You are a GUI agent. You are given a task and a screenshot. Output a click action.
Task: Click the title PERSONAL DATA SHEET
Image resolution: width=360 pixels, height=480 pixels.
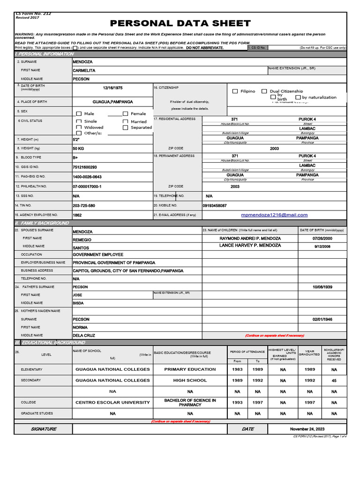click(180, 23)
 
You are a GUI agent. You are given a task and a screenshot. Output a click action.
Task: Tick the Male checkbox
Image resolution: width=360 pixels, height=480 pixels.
click(79, 113)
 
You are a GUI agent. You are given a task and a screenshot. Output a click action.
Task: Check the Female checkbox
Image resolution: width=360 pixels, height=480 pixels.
click(125, 113)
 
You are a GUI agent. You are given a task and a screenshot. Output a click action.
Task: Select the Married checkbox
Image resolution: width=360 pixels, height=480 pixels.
click(125, 121)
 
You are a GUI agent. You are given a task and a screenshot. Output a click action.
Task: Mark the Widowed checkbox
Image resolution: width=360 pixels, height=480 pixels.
click(79, 127)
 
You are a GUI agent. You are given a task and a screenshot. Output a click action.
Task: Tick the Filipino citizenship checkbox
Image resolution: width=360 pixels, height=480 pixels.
click(235, 91)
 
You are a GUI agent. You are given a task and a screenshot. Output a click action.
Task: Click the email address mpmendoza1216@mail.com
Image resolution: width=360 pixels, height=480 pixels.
click(274, 215)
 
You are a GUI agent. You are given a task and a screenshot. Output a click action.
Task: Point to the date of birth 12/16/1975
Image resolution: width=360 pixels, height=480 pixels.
click(112, 88)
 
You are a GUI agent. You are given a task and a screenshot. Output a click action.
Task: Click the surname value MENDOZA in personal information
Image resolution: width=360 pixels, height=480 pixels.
click(82, 61)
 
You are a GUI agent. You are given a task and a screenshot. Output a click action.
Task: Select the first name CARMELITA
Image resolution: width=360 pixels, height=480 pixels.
click(84, 70)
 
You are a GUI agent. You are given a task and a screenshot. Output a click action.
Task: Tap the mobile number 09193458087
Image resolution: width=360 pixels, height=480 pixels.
click(215, 205)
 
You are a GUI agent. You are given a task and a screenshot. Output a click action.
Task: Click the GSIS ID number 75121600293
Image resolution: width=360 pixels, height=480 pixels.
click(85, 167)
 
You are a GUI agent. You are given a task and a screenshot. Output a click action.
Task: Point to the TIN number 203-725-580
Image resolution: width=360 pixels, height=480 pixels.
click(84, 205)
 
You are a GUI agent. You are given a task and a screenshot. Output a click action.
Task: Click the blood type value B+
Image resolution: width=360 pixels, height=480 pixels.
click(75, 157)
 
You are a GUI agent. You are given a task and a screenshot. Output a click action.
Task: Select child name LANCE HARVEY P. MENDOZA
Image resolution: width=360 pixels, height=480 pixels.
click(250, 246)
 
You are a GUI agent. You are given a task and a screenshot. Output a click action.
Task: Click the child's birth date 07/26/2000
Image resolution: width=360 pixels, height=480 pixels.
click(322, 239)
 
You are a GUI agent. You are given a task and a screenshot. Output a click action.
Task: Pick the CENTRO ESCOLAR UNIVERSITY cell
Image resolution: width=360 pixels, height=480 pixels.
click(112, 402)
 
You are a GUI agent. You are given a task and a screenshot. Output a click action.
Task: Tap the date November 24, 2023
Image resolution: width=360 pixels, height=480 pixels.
click(307, 429)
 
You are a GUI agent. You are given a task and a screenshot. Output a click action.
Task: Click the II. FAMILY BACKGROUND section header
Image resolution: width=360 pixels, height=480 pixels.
click(42, 223)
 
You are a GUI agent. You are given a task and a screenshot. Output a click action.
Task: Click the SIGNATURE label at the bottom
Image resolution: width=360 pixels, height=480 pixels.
click(44, 429)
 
